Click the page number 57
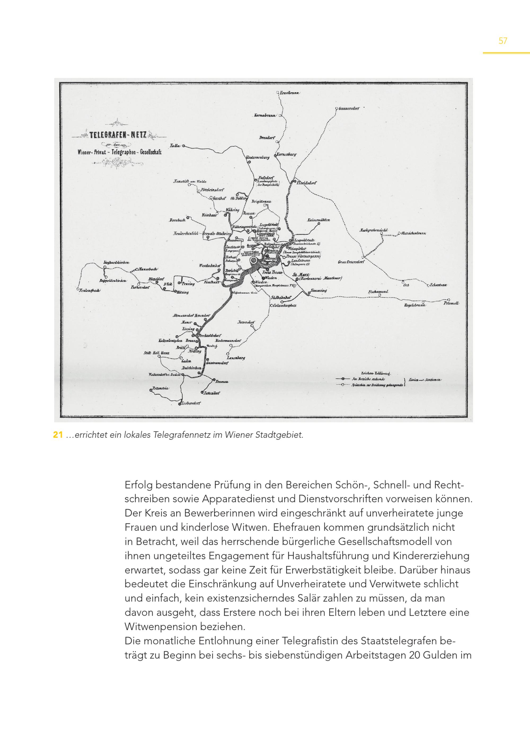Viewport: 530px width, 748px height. pyautogui.click(x=503, y=41)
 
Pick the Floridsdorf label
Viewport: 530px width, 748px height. pyautogui.click(x=306, y=183)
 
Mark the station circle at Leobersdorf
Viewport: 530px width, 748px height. pyautogui.click(x=179, y=404)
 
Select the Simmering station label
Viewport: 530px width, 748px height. pyautogui.click(x=319, y=290)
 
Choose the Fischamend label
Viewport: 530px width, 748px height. pyautogui.click(x=378, y=291)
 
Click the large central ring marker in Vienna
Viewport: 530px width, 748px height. pyautogui.click(x=254, y=260)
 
